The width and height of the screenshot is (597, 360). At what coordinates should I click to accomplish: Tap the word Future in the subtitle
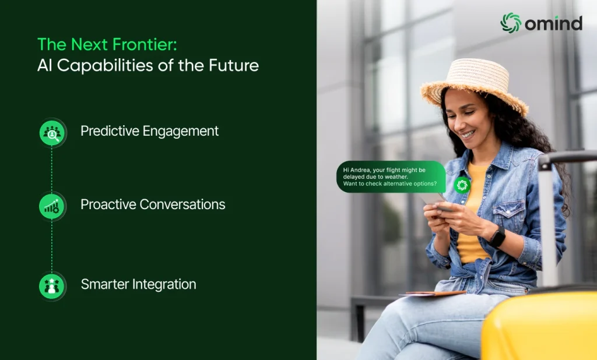[233, 65]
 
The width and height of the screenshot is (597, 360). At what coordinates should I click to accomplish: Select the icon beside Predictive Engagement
[52, 132]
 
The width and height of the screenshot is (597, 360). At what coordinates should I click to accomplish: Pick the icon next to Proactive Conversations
[52, 206]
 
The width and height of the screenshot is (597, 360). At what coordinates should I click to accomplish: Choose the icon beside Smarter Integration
[52, 286]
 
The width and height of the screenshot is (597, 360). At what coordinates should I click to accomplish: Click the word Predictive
[110, 131]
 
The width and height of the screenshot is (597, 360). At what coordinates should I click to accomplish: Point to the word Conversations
[182, 204]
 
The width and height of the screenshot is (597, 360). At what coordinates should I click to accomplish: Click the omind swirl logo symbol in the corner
[511, 23]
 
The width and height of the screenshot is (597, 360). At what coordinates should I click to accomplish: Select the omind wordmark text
[554, 23]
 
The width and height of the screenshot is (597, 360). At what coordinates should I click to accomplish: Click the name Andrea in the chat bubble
[360, 170]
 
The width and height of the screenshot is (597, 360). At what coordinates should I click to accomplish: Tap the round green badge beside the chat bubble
[462, 185]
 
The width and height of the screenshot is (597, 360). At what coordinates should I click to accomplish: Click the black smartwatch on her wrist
[497, 237]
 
